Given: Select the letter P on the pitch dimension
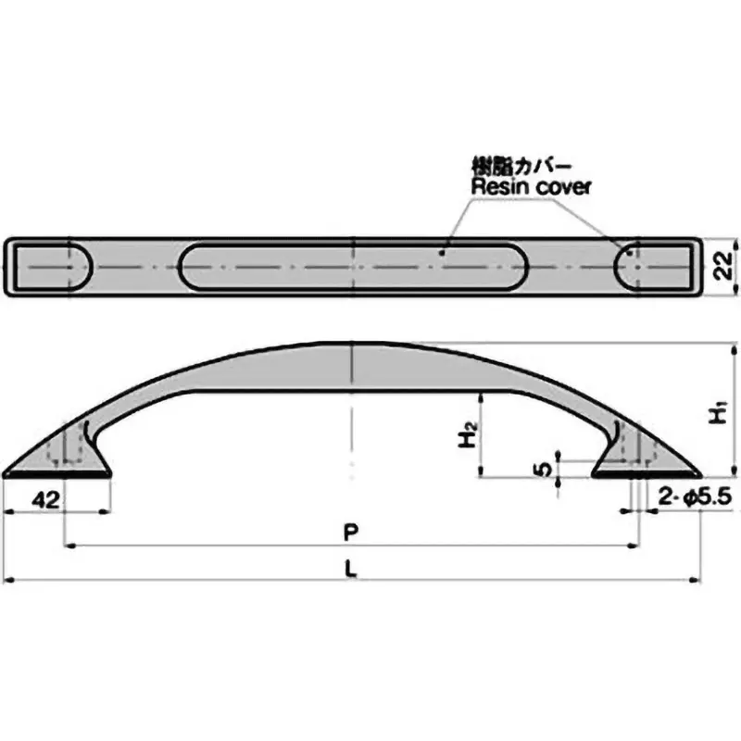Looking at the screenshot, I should pyautogui.click(x=350, y=533).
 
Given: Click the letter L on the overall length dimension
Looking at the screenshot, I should pyautogui.click(x=352, y=571).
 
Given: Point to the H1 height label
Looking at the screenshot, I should pyautogui.click(x=719, y=414).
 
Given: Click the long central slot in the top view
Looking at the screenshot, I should pyautogui.click(x=354, y=266).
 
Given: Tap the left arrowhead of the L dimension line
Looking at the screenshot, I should pyautogui.click(x=9, y=581).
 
